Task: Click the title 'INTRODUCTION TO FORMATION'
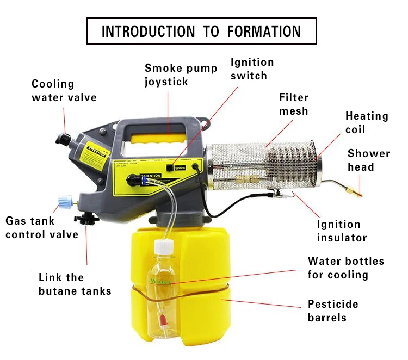pos(201,31)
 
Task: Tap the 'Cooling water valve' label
pos(64,91)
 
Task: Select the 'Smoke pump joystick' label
pos(181,75)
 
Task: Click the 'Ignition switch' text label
pos(252,69)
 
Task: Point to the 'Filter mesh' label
pos(293,104)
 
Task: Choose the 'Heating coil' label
pos(367,122)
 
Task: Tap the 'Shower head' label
pos(368,160)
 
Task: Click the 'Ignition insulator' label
pos(342,231)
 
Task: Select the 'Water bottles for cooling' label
pos(345,268)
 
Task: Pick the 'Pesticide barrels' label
pos(333,311)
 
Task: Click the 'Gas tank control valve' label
pos(42,227)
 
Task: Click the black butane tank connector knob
pos(86,220)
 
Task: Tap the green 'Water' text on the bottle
pos(160,281)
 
